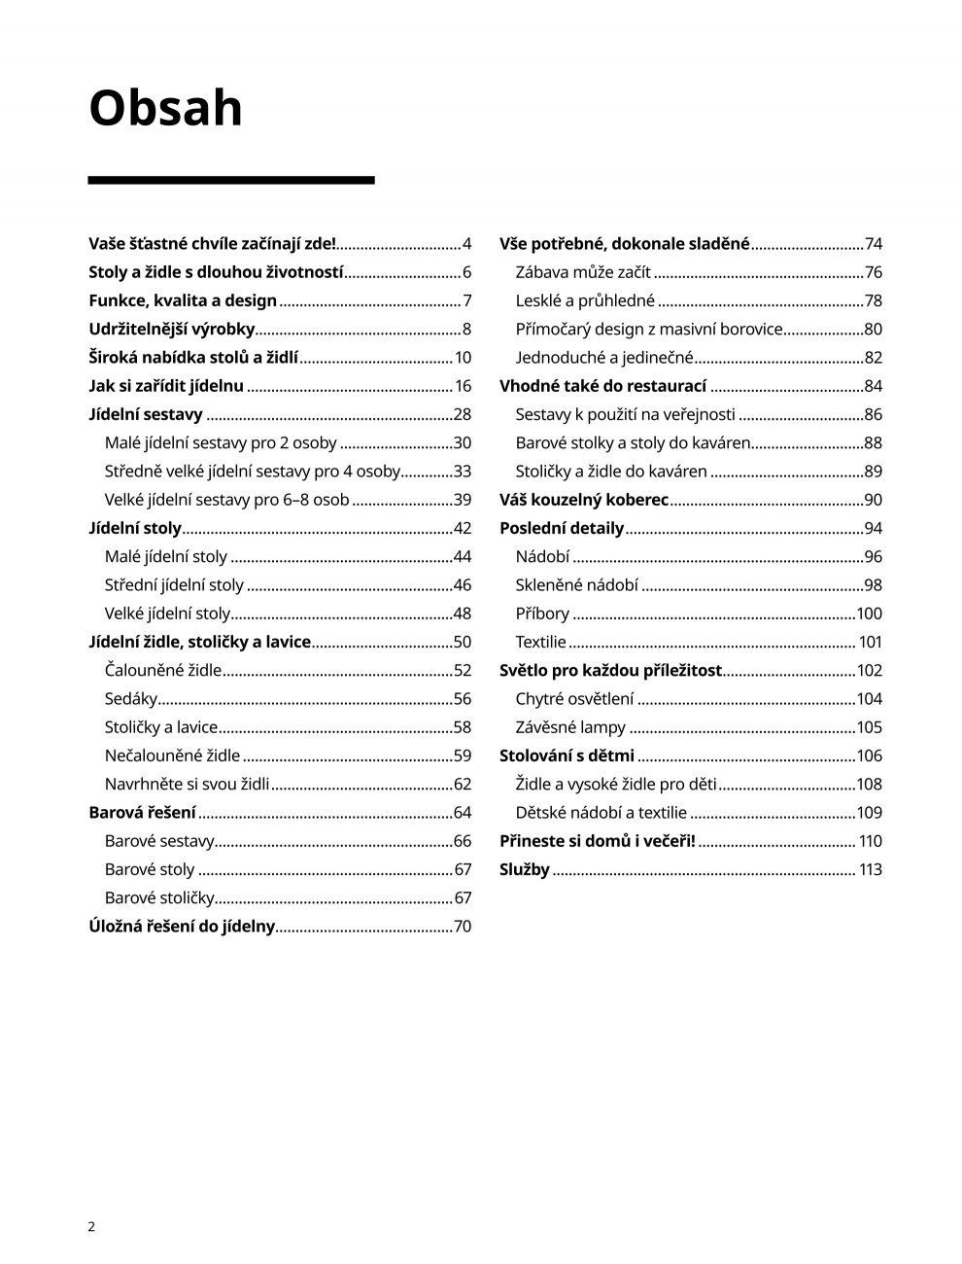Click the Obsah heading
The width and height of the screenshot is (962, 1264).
point(165,108)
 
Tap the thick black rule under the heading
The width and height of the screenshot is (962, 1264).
point(231,180)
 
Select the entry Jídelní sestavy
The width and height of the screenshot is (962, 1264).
point(146,414)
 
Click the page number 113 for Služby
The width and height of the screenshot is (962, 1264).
point(870,869)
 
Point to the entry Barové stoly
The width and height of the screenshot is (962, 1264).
point(150,869)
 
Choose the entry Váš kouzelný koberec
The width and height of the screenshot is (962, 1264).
point(584,500)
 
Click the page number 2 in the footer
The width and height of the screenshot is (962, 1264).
point(91,1226)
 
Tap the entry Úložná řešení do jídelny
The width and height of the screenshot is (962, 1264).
point(182,926)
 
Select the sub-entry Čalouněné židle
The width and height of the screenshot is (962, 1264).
point(163,670)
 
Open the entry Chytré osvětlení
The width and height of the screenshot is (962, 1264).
point(574,698)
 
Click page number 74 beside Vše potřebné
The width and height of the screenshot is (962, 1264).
point(873,244)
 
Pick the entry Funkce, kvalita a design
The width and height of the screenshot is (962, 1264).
point(183,300)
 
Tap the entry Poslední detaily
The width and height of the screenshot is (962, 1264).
point(562,528)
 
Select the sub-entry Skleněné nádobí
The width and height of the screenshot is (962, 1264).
point(577,584)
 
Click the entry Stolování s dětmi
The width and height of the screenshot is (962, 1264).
point(567,755)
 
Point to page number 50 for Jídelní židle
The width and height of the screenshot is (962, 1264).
point(462,642)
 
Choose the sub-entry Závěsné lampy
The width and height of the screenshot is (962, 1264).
point(570,727)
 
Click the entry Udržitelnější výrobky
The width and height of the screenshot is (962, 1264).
point(172,329)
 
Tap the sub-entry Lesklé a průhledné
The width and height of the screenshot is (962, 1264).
point(585,300)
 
